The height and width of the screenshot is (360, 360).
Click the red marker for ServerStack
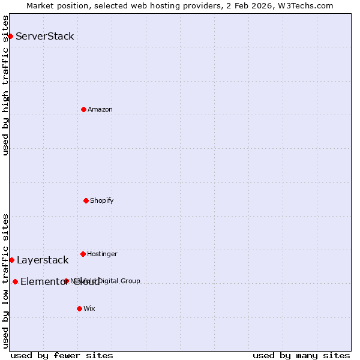10,36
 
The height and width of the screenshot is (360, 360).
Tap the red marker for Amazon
83,109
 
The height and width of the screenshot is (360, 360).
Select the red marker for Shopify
86,200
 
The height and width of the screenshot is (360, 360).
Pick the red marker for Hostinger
83,254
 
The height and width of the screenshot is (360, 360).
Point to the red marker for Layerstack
11,260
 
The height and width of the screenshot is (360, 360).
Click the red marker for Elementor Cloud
15,281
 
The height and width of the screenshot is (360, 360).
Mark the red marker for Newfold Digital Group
66,281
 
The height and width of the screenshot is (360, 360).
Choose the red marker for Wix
79,308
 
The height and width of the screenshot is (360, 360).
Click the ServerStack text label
45,36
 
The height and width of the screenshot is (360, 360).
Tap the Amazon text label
100,109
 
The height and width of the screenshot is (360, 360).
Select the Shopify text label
102,200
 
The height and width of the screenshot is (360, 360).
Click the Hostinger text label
102,254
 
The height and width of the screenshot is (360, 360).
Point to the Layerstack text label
43,260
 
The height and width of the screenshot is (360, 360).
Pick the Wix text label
89,308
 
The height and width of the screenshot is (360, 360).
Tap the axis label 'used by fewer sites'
62,355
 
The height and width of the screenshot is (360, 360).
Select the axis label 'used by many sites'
301,355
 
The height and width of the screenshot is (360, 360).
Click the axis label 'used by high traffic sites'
5,85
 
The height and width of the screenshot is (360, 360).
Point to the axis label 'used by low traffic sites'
5,280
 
